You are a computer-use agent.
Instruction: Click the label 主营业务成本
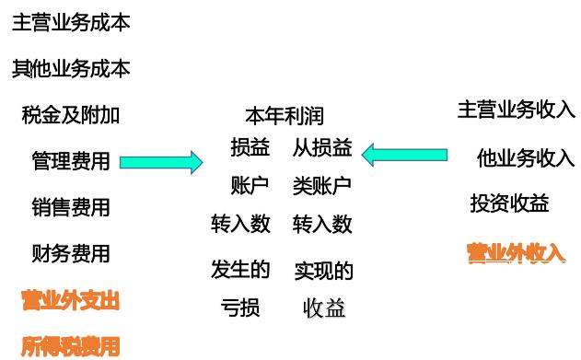pos(71,23)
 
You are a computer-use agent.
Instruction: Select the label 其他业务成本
pos(71,68)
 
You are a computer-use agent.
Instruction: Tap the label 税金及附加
pos(71,115)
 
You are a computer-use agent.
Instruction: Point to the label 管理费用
pos(71,162)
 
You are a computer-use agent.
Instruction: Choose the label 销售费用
pos(71,207)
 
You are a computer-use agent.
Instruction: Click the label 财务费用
pos(71,253)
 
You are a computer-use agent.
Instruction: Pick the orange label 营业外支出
pos(71,299)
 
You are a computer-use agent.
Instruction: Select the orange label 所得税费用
pos(71,346)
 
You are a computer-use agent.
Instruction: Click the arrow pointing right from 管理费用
pos(161,162)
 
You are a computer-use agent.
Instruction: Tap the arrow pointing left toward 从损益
pos(404,153)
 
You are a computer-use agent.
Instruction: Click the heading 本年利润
pos(284,116)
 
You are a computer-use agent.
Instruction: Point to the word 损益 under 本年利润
pos(250,147)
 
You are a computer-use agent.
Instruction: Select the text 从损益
pos(322,147)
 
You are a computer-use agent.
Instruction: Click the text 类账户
pos(322,185)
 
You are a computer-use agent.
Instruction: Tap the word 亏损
pos(240,307)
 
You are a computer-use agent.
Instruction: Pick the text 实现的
pos(323,271)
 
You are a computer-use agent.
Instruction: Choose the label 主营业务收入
pos(517,110)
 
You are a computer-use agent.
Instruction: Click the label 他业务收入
pos(526,157)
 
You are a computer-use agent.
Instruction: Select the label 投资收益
pos(510,203)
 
